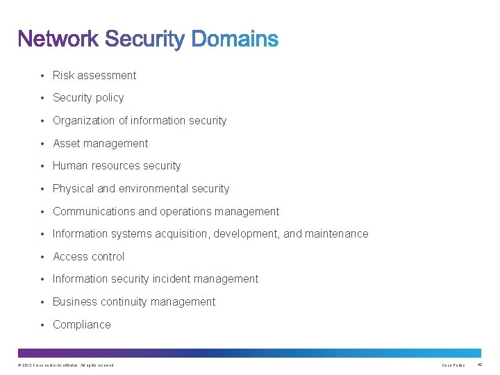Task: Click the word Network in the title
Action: click(59, 39)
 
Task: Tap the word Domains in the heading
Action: click(234, 39)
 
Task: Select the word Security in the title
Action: click(144, 40)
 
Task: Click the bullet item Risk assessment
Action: click(94, 75)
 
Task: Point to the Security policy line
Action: click(88, 98)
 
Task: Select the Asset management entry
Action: click(100, 143)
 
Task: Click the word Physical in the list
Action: click(74, 188)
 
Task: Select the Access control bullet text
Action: click(89, 256)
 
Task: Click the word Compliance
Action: click(82, 324)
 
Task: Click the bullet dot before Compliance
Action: click(42, 325)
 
